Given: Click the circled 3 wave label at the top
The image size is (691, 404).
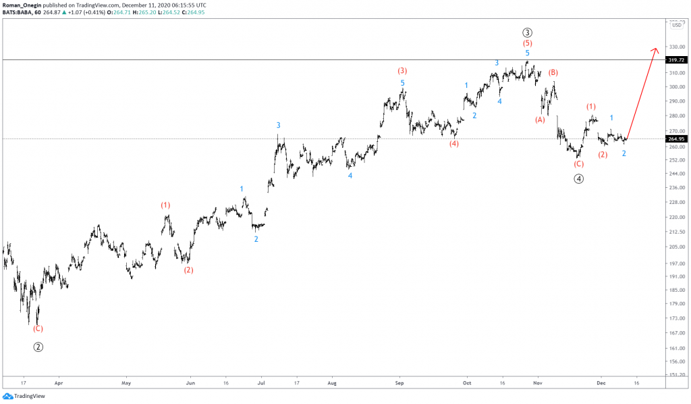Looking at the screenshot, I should tap(528, 32).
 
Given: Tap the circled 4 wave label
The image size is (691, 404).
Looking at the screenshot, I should tap(579, 178).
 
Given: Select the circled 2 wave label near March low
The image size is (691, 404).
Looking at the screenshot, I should tap(38, 347).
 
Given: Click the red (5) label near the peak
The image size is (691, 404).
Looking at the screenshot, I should tap(528, 43).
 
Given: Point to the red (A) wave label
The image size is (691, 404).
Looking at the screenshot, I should tap(540, 120).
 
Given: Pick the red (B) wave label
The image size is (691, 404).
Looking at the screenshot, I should tap(553, 72).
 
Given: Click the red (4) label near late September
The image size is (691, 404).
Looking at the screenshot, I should tap(455, 143).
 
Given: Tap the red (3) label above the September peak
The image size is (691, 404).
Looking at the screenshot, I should tap(402, 70).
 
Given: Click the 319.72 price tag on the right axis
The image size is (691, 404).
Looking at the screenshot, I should tap(675, 60).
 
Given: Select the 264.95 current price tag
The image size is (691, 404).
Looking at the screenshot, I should tap(675, 139).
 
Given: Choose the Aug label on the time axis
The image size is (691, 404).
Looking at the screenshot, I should tap(331, 382).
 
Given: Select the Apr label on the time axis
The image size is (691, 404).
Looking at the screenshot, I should tap(58, 382).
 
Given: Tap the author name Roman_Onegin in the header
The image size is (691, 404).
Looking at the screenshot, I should tap(23, 5).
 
